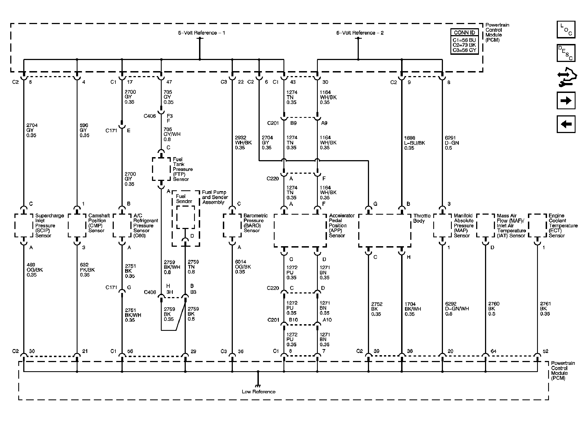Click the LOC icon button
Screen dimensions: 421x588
566,30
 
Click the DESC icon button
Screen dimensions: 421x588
566,53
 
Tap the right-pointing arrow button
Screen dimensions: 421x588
566,100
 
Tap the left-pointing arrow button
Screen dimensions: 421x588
566,124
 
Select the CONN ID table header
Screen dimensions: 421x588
464,33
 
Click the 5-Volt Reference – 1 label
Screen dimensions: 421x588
201,33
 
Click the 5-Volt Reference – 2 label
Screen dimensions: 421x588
360,33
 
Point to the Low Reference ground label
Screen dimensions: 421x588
258,392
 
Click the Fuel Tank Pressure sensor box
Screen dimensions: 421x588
161,169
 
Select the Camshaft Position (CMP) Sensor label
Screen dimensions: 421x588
99,223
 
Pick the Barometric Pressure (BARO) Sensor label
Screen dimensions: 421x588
255,223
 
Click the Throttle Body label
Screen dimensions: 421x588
422,218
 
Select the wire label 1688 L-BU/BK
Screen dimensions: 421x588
414,143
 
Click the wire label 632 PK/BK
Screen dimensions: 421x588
87,270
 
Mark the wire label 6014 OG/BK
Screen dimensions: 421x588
243,267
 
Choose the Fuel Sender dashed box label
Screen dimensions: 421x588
184,199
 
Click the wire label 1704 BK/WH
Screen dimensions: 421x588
412,309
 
